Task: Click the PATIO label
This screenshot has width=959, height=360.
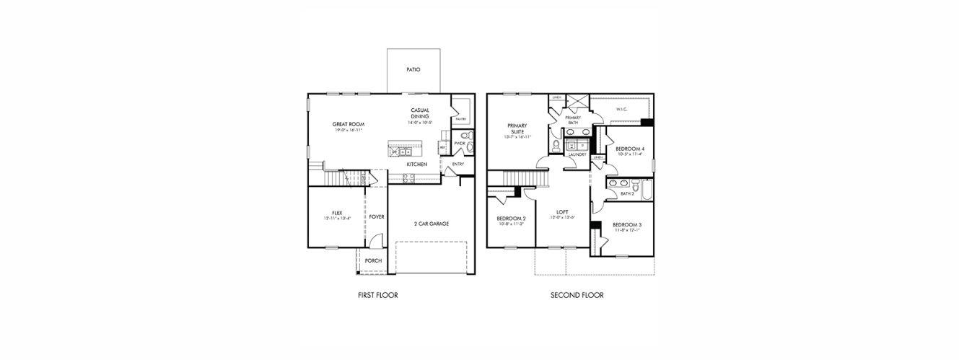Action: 413,70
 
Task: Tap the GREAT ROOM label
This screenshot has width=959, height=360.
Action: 348,124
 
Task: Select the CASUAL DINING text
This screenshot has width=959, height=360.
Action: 420,113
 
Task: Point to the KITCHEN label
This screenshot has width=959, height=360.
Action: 416,164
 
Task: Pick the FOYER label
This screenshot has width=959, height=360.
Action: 377,216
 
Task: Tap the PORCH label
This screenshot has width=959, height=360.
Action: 373,260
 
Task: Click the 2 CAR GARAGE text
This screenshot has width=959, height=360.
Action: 432,224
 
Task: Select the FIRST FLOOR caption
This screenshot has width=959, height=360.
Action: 377,295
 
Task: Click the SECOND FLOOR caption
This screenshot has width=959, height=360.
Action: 577,295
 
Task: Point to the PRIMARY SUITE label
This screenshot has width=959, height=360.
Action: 517,129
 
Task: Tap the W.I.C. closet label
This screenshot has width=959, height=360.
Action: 621,110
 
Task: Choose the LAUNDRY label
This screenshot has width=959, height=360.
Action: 577,154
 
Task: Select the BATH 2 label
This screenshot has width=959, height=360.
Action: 627,193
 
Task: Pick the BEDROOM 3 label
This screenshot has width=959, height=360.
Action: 627,225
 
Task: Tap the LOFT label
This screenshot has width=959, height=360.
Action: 562,212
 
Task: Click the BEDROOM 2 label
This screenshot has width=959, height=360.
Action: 511,219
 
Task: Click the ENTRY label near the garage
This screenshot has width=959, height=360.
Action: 458,164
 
